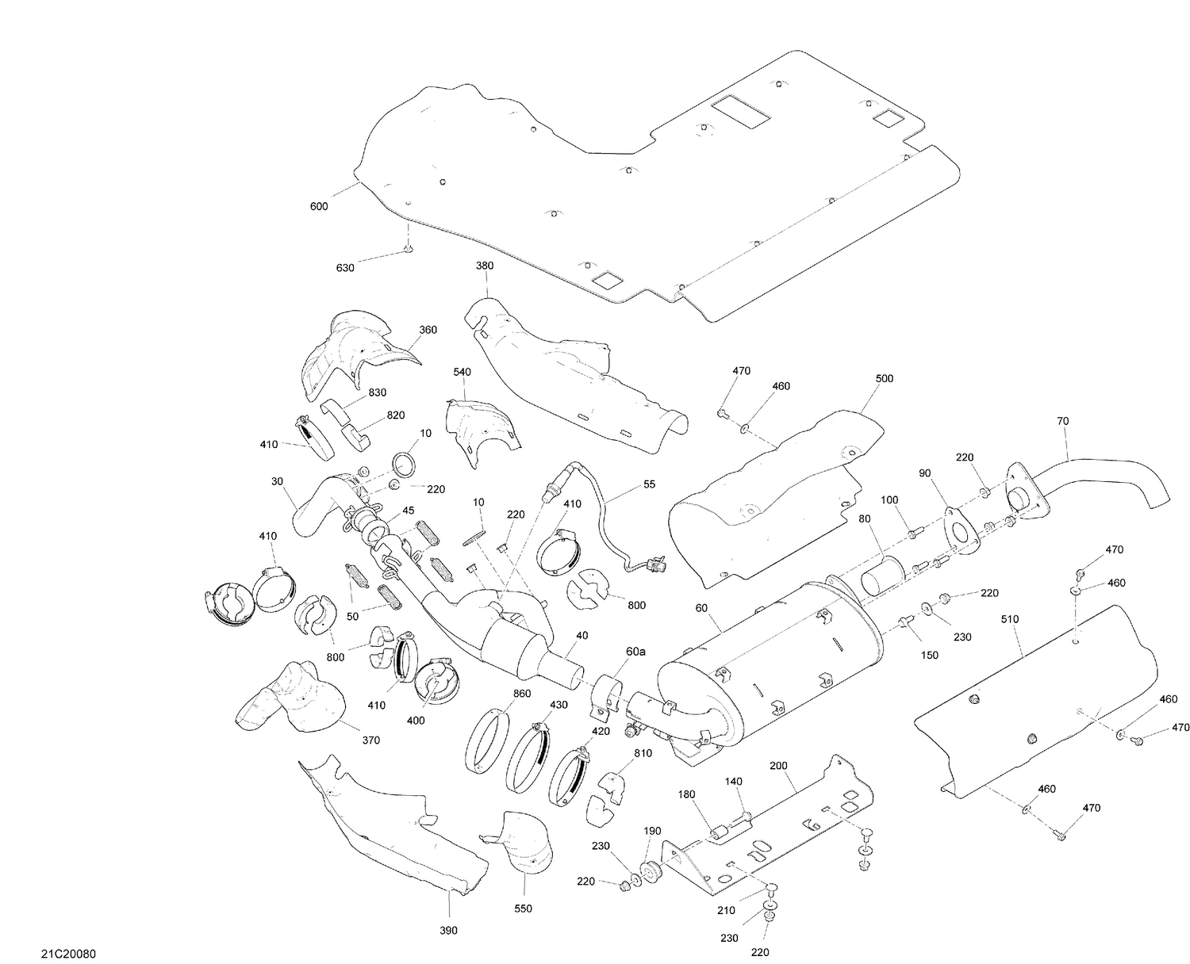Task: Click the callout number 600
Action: coord(318,207)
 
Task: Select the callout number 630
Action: coord(345,268)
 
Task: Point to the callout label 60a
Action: coord(635,652)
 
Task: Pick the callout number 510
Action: coord(1010,619)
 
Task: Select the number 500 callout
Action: coord(884,378)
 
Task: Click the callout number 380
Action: coord(484,266)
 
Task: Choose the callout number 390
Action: coord(448,930)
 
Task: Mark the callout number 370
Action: coord(370,740)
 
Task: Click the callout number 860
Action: coord(521,693)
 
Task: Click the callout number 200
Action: coord(778,766)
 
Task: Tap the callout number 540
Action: coord(463,372)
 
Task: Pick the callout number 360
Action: coord(428,330)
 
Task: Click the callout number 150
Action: coord(929,655)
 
